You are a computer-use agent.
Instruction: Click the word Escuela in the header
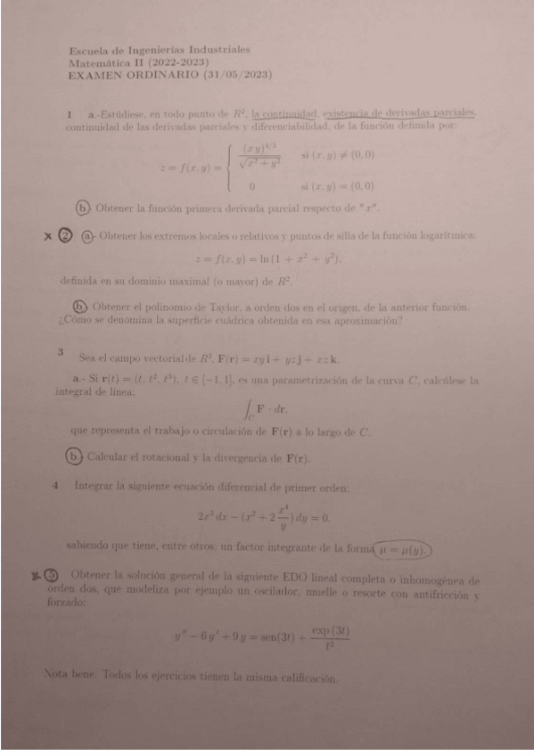click(87, 52)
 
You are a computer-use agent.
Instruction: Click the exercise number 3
click(61, 353)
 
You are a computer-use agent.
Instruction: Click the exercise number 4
click(55, 487)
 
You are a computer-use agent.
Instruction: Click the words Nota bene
click(71, 677)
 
